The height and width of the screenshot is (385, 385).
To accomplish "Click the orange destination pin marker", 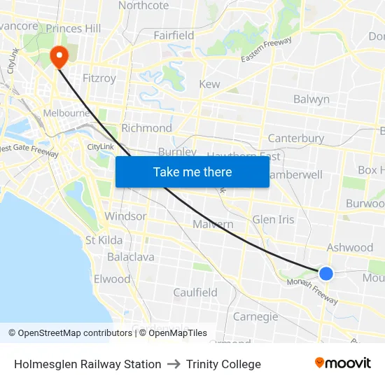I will (58, 55).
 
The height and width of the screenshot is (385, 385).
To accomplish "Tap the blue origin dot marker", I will (326, 273).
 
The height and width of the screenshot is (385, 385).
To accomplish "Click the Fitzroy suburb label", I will (99, 78).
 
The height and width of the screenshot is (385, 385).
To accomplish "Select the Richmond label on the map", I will (146, 128).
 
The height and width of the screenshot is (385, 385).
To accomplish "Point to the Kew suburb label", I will (210, 84).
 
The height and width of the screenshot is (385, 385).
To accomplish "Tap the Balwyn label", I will (311, 99).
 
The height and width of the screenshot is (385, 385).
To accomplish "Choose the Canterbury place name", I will (296, 139).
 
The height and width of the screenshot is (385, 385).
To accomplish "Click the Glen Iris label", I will (274, 219).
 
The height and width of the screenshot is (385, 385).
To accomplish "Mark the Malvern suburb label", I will (213, 224).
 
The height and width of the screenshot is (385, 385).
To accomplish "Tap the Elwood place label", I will (112, 279).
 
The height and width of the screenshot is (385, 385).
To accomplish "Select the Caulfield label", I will (195, 293).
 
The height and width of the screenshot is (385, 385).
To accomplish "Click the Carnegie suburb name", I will (255, 316).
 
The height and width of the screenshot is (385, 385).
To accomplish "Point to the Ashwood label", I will (350, 247).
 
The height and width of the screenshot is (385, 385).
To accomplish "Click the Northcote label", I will (143, 6).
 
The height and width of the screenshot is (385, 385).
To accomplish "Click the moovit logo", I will (343, 363).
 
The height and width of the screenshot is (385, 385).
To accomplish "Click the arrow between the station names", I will (174, 364).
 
